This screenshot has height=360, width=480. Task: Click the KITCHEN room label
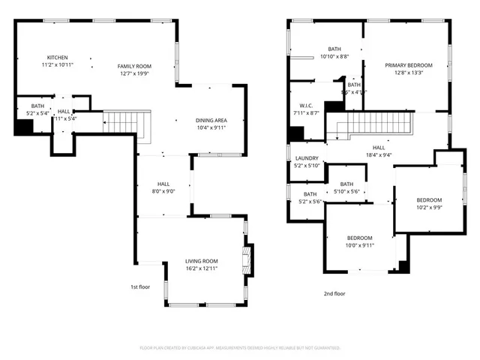pyautogui.click(x=58, y=58)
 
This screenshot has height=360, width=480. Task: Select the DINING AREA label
pyautogui.click(x=211, y=120)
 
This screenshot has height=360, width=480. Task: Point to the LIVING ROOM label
pyautogui.click(x=202, y=261)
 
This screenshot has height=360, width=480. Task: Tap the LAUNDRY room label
pyautogui.click(x=307, y=158)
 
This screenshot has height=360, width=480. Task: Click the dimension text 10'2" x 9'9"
pyautogui.click(x=430, y=208)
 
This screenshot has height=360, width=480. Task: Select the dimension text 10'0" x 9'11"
pyautogui.click(x=359, y=245)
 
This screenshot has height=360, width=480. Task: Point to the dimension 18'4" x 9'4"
pyautogui.click(x=379, y=155)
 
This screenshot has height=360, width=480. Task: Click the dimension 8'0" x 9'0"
pyautogui.click(x=163, y=191)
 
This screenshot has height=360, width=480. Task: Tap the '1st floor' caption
pyautogui.click(x=139, y=286)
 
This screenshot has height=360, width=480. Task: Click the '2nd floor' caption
pyautogui.click(x=334, y=293)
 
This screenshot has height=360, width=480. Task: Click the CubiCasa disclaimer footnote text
pyautogui.click(x=240, y=348)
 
